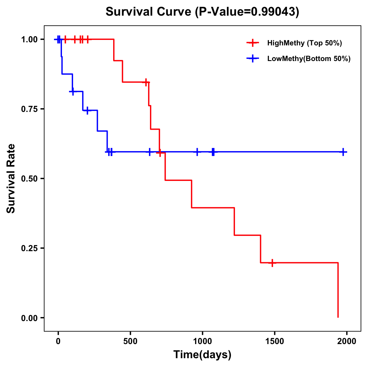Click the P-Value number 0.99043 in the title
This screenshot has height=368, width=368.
click(274, 12)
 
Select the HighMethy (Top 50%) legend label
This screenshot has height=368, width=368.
click(305, 43)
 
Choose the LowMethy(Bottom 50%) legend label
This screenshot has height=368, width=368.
click(309, 59)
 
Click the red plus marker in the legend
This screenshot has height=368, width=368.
click(253, 43)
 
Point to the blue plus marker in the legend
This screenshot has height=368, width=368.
click(253, 59)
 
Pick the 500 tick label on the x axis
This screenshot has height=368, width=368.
click(130, 341)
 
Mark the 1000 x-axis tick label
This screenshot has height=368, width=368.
click(202, 341)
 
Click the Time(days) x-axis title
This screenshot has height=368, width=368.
click(202, 355)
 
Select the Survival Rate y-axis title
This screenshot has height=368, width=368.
click(11, 178)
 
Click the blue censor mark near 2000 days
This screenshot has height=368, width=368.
click(343, 152)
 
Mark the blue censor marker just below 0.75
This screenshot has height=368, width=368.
click(87, 110)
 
